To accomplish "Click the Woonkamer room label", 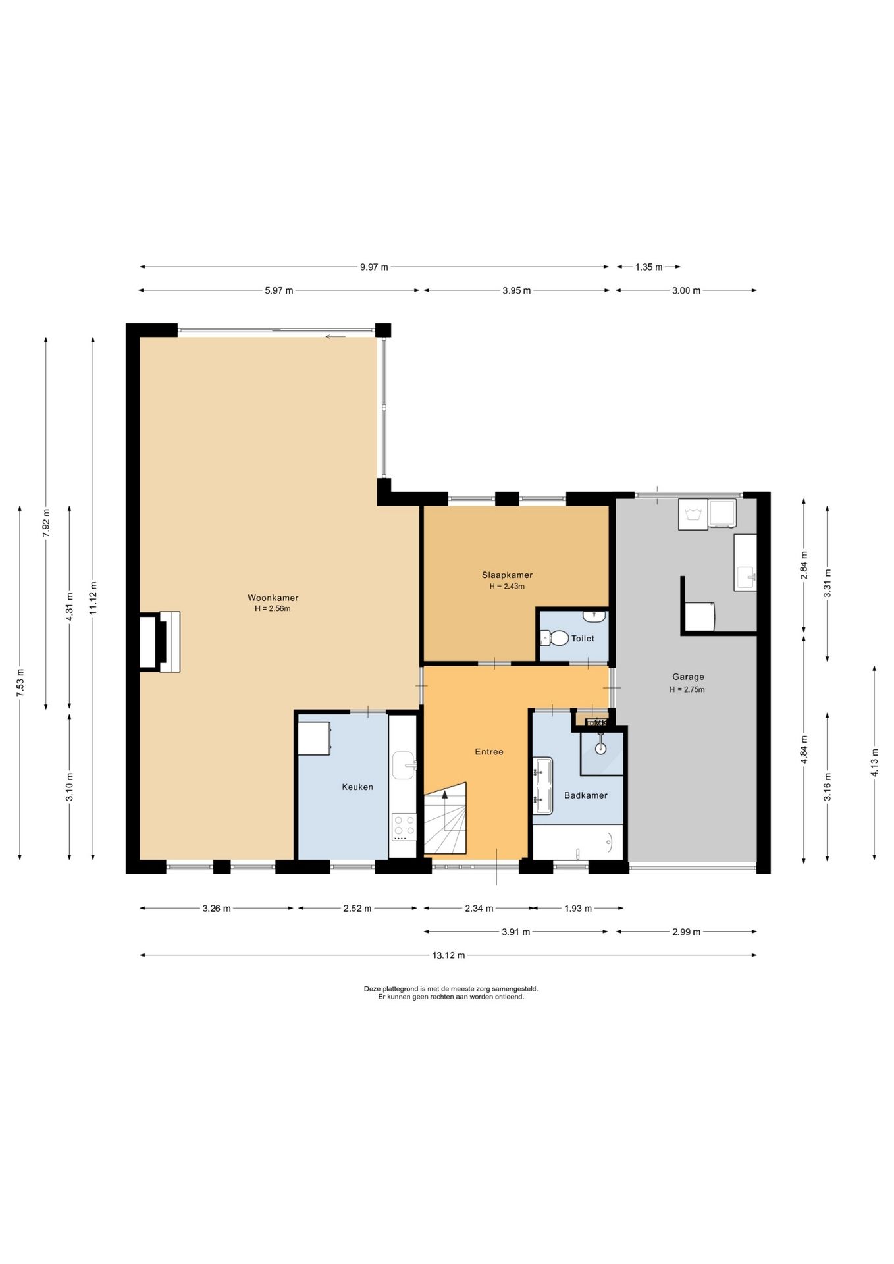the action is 273,598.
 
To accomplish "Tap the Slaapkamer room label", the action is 507,575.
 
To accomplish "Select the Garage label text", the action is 688,677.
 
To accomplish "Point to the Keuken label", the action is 357,787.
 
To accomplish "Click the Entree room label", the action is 489,751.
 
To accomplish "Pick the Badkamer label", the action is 586,795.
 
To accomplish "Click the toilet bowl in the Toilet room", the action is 555,638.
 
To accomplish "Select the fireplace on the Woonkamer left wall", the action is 160,642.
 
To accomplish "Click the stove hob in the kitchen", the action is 404,828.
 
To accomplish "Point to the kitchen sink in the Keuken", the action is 404,766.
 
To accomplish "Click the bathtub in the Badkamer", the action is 578,842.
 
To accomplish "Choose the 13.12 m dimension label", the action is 449,955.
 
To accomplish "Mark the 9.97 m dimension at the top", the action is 374,267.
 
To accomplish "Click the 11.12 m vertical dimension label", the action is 93,598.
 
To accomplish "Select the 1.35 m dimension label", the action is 648,267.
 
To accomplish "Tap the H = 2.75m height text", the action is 687,689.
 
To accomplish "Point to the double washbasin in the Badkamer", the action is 542,785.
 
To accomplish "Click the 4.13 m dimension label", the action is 875,762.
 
